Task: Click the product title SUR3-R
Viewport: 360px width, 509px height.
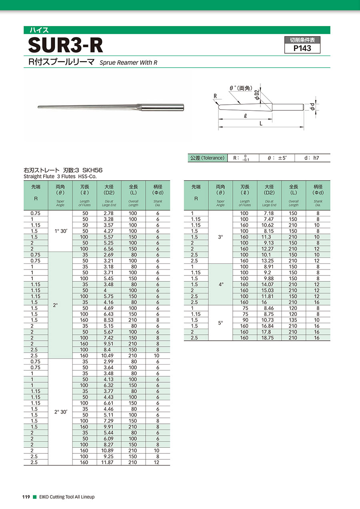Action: click(x=66, y=46)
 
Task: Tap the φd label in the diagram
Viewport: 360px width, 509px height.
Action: click(x=312, y=107)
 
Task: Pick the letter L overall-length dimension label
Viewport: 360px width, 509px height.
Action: click(x=261, y=124)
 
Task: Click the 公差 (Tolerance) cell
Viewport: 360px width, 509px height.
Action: click(x=207, y=158)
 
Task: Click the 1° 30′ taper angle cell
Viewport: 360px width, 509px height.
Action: click(x=60, y=231)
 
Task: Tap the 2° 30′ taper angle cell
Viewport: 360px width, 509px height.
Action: click(x=60, y=412)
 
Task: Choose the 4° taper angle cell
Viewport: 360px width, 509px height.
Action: click(x=220, y=285)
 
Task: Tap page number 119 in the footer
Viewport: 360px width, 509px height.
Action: click(x=26, y=497)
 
